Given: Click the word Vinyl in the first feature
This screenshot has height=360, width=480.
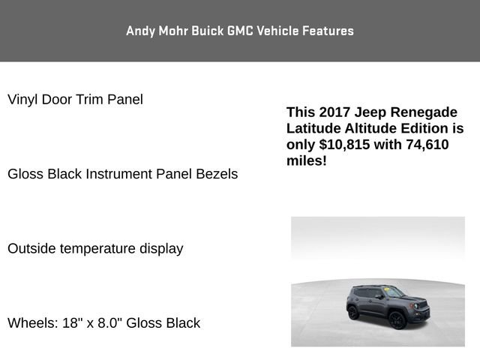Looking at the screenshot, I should coord(22,99).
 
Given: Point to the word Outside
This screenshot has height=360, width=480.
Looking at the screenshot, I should coord(31,248).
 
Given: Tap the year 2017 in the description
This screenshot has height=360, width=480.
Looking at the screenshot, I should coord(333,112).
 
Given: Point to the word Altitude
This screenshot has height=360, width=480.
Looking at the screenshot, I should coord(371,128).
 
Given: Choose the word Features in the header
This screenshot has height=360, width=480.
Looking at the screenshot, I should coord(328,31).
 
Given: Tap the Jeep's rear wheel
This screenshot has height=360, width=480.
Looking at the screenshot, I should coord(353,312).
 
